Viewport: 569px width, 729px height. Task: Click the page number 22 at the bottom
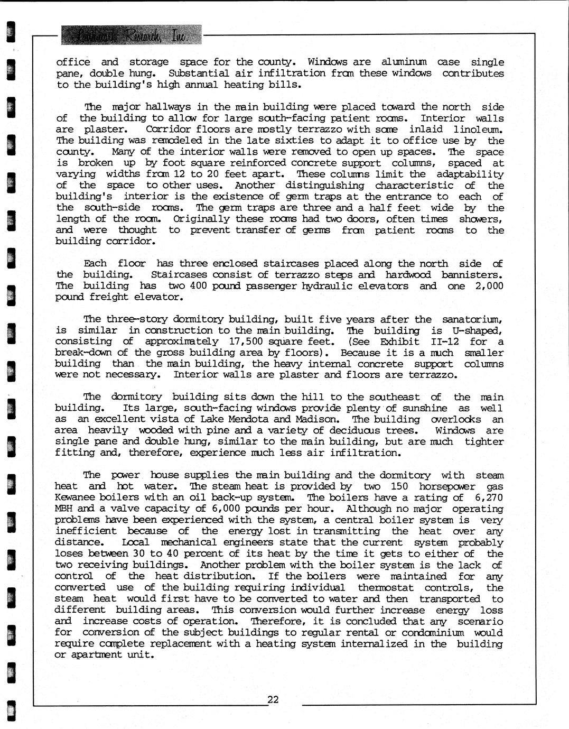pyautogui.click(x=273, y=699)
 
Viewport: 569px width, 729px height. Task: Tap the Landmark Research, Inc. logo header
pyautogui.click(x=131, y=35)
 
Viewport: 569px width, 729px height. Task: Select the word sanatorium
pyautogui.click(x=472, y=319)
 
